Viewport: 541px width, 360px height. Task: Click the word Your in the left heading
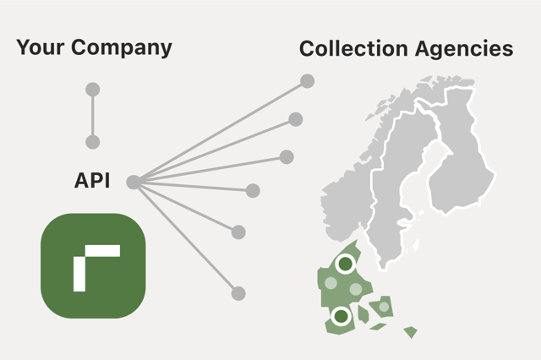tap(41, 46)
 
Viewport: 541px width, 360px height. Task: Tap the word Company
tap(122, 48)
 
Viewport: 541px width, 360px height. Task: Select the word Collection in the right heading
tap(353, 48)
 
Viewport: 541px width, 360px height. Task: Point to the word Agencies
tap(464, 49)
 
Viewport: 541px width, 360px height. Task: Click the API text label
tap(92, 180)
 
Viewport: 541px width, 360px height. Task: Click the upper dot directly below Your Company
tap(92, 90)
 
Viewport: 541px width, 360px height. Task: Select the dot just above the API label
tap(92, 142)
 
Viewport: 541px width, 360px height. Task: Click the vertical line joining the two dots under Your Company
tap(92, 116)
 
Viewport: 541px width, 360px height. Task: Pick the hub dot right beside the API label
tap(134, 182)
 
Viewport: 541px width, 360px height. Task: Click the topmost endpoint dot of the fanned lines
tap(307, 81)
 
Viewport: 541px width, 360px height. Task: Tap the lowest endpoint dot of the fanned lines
tap(238, 293)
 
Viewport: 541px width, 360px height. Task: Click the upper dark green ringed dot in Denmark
tap(346, 265)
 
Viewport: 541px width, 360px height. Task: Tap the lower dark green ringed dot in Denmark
tap(341, 316)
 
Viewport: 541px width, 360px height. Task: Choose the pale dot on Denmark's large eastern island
tap(384, 307)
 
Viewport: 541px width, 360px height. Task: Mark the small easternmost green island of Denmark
tap(411, 332)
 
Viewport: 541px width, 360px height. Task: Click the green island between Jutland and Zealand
tap(363, 314)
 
